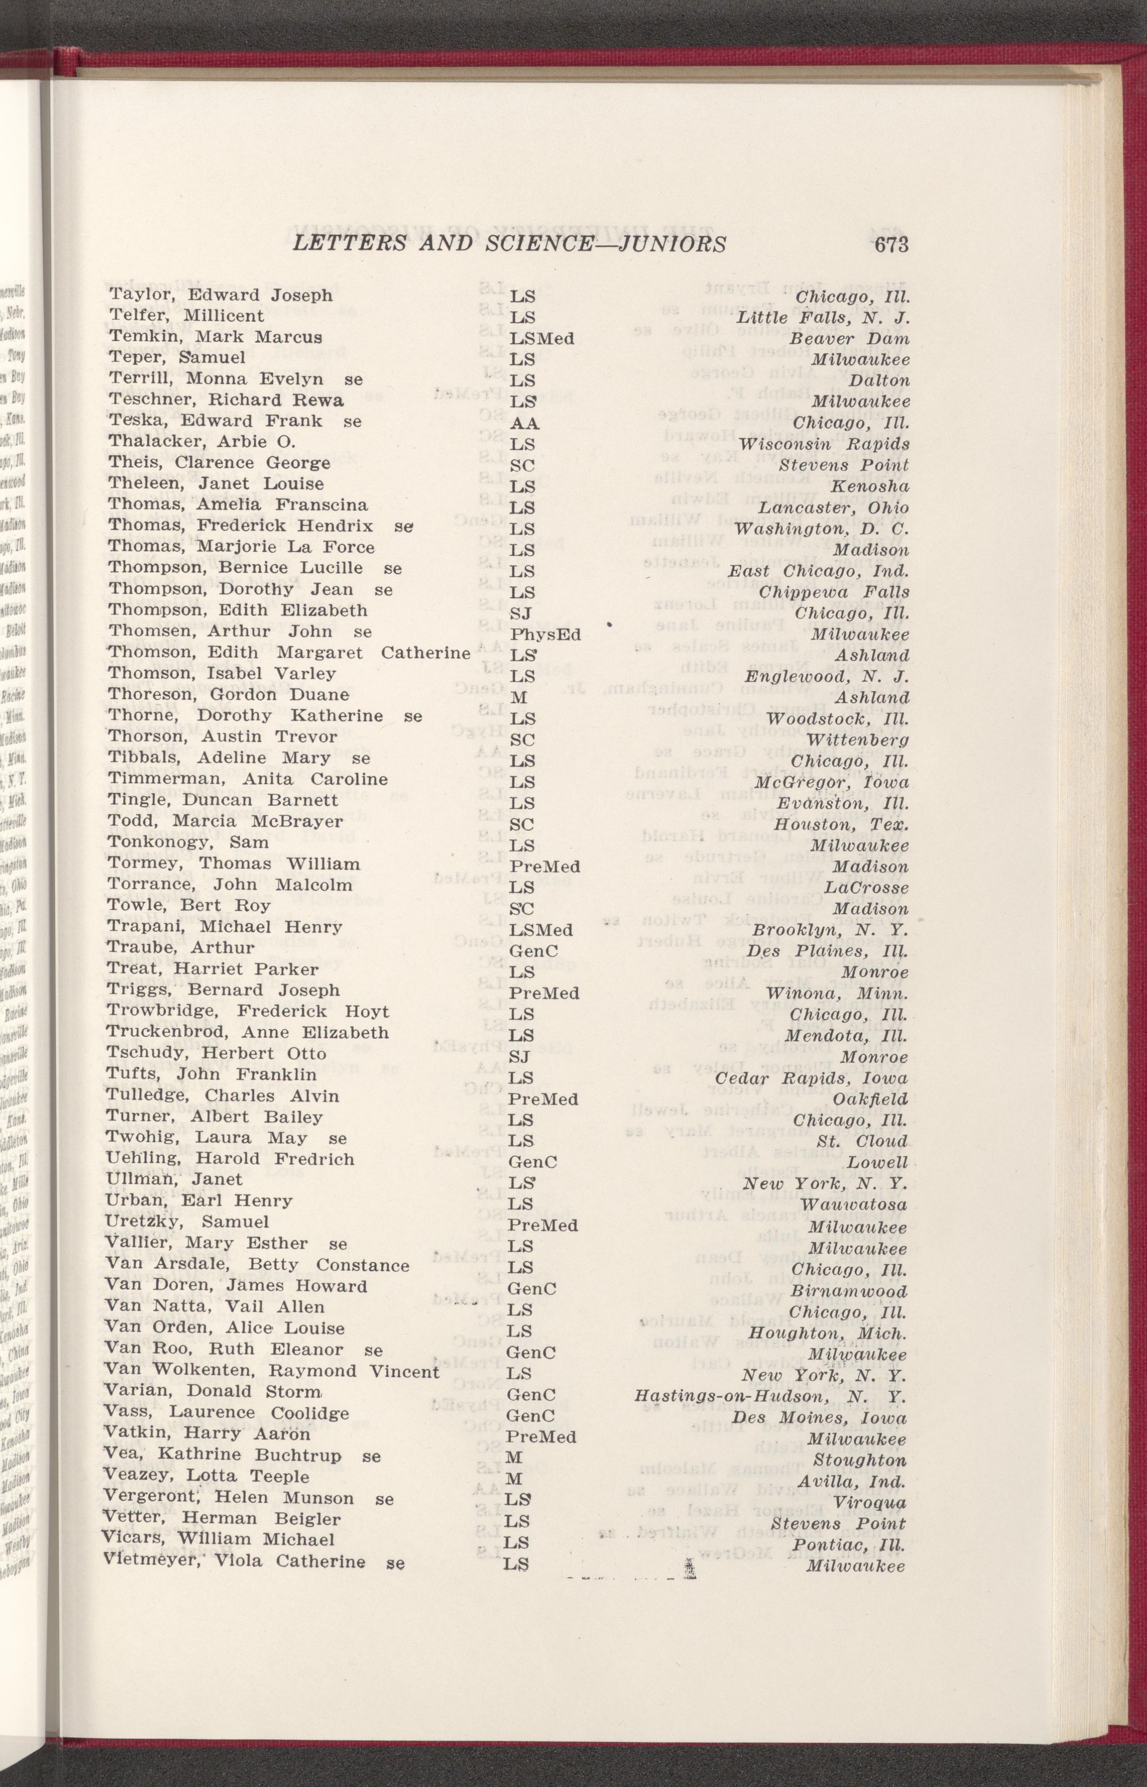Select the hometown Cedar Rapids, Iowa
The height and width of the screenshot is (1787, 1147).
811,1079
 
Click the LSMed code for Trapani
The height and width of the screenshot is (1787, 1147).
541,930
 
